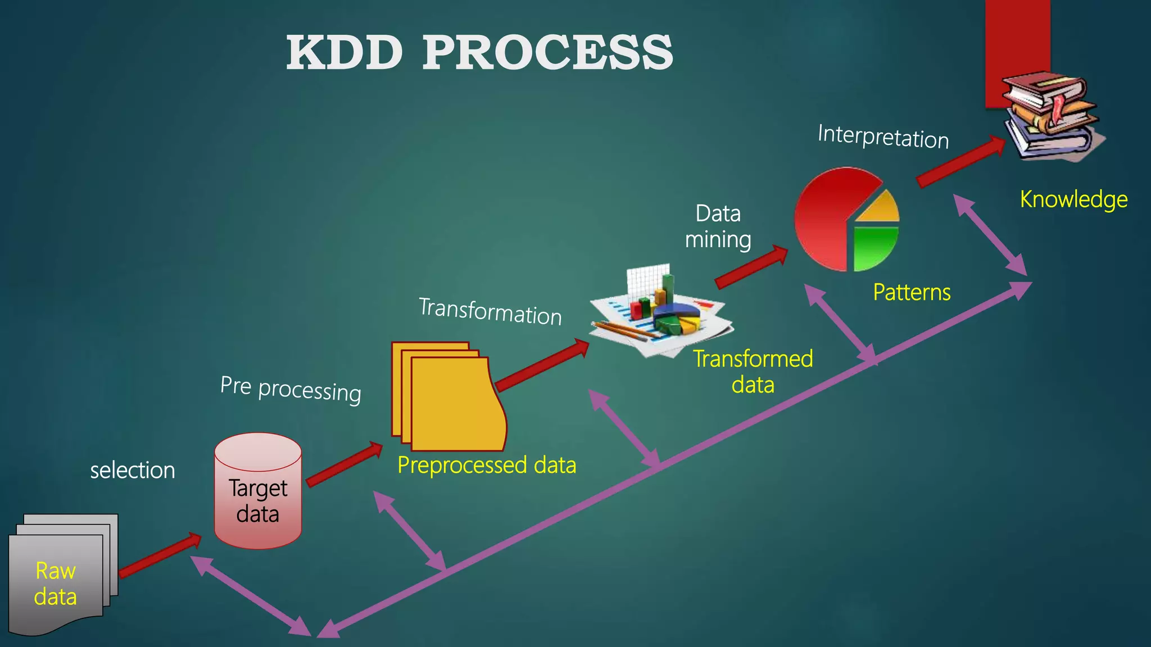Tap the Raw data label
(55, 584)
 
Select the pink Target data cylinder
(258, 491)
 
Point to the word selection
(133, 470)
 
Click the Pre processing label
(291, 389)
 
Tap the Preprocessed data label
(487, 465)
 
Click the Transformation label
(491, 312)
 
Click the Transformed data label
(753, 371)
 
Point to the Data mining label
(718, 226)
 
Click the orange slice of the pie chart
(880, 207)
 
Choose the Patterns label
(912, 292)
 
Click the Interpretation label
(883, 136)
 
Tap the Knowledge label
(1073, 199)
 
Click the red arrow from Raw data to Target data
(160, 556)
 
